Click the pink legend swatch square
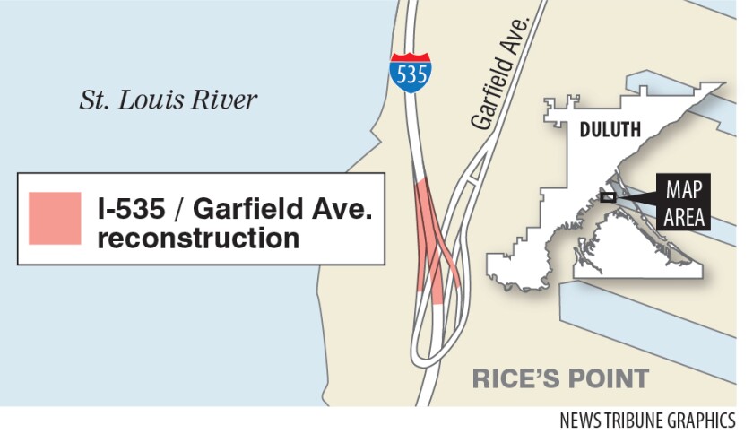(55, 217)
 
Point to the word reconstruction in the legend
(199, 239)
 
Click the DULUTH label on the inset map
(610, 130)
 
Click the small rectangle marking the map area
(609, 197)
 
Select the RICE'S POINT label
(560, 378)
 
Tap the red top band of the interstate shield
(410, 58)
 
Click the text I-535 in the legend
(128, 213)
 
